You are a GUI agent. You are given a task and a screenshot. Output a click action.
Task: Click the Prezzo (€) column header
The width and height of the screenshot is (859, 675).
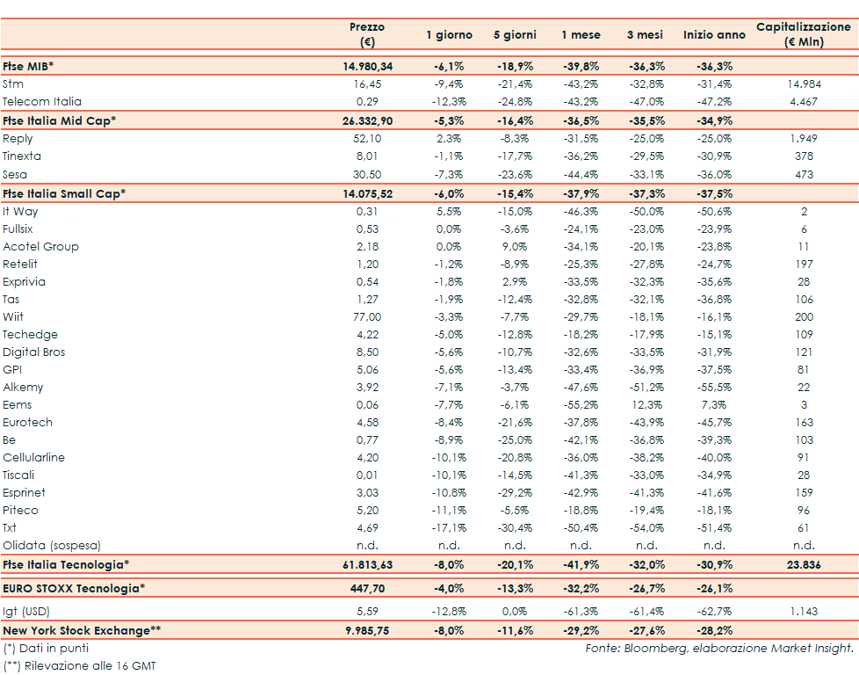pyautogui.click(x=367, y=34)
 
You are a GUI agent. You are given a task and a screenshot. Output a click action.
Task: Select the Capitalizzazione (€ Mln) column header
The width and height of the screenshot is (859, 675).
pyautogui.click(x=803, y=34)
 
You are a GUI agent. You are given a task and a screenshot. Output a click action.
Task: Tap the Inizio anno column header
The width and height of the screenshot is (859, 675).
pyautogui.click(x=714, y=35)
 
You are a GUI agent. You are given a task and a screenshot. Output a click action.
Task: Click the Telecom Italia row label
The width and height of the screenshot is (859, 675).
pyautogui.click(x=42, y=101)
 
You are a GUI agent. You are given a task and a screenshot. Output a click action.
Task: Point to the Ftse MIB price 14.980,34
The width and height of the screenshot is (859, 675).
pyautogui.click(x=367, y=66)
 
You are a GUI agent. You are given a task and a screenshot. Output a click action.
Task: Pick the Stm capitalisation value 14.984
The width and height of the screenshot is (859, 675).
pyautogui.click(x=803, y=83)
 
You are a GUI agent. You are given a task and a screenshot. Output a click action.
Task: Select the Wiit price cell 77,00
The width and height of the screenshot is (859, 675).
pyautogui.click(x=367, y=316)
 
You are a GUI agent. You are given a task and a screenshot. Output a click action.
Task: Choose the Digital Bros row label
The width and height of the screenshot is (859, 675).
pyautogui.click(x=34, y=352)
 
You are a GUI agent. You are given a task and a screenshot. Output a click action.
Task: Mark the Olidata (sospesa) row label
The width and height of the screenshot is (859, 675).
pyautogui.click(x=52, y=545)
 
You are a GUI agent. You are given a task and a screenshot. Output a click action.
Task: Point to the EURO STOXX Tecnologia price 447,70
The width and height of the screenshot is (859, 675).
pyautogui.click(x=367, y=588)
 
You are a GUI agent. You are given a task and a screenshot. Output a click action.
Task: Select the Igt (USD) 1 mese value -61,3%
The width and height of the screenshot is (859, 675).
pyautogui.click(x=581, y=611)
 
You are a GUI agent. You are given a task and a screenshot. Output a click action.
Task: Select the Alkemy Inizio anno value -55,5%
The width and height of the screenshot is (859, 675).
pyautogui.click(x=714, y=387)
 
